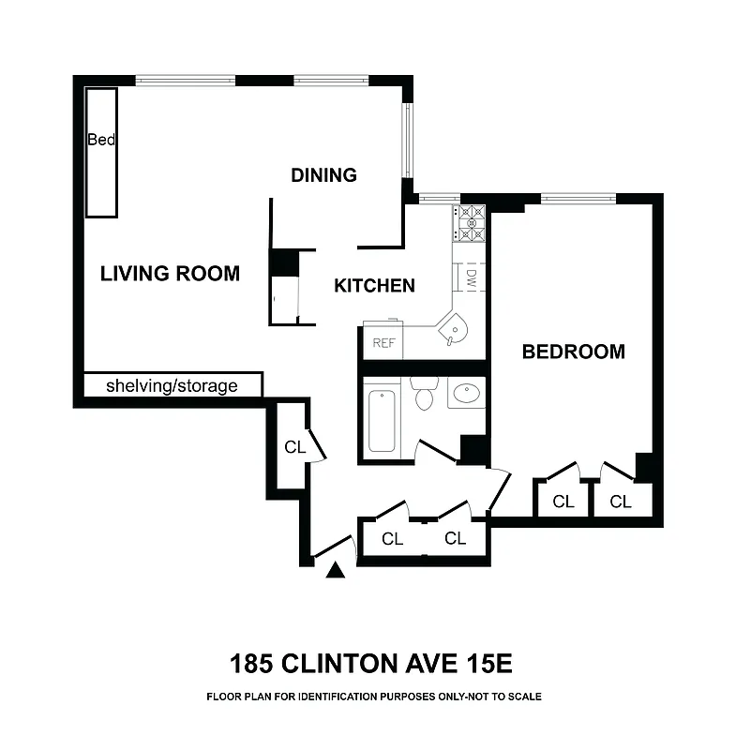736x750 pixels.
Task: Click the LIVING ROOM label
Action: click(x=170, y=274)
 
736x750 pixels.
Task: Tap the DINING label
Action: click(x=323, y=175)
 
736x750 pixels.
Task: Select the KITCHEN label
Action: click(x=374, y=286)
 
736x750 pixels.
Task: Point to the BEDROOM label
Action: click(x=573, y=352)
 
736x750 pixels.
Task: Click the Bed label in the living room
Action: click(x=101, y=141)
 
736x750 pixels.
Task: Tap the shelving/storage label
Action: click(x=171, y=385)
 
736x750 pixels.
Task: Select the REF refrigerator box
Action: click(x=383, y=342)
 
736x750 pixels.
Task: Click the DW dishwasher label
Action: click(x=472, y=277)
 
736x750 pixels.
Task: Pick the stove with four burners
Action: click(x=471, y=223)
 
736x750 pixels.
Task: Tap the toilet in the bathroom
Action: click(x=425, y=395)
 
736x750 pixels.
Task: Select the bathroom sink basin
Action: click(x=466, y=395)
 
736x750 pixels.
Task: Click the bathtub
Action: click(x=382, y=420)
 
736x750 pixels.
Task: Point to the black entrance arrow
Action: click(x=336, y=568)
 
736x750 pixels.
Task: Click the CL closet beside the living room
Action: click(x=294, y=447)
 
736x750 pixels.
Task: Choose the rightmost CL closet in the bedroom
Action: click(x=621, y=502)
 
